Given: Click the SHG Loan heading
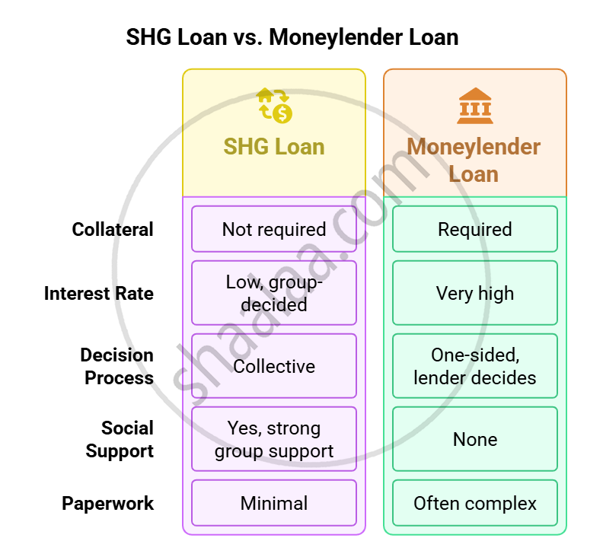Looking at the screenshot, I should (274, 146).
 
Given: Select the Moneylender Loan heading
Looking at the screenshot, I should (474, 160).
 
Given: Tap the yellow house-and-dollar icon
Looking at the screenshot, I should (275, 106).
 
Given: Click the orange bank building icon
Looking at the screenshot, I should (475, 106).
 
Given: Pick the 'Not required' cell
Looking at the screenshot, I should (274, 229).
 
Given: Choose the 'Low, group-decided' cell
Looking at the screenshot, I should (274, 293).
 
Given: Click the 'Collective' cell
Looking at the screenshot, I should (274, 366).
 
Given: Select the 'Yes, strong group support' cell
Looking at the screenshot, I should (274, 439).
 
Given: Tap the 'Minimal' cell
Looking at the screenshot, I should (274, 503).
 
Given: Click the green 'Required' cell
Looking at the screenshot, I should (475, 229).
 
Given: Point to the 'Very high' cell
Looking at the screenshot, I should (475, 293).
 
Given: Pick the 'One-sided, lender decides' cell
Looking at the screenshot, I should (475, 366).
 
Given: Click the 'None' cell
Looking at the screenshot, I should (475, 439).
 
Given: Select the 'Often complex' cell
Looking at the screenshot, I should (475, 503).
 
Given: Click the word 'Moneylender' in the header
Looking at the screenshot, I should (474, 147).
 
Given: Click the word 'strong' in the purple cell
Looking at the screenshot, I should (295, 428).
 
